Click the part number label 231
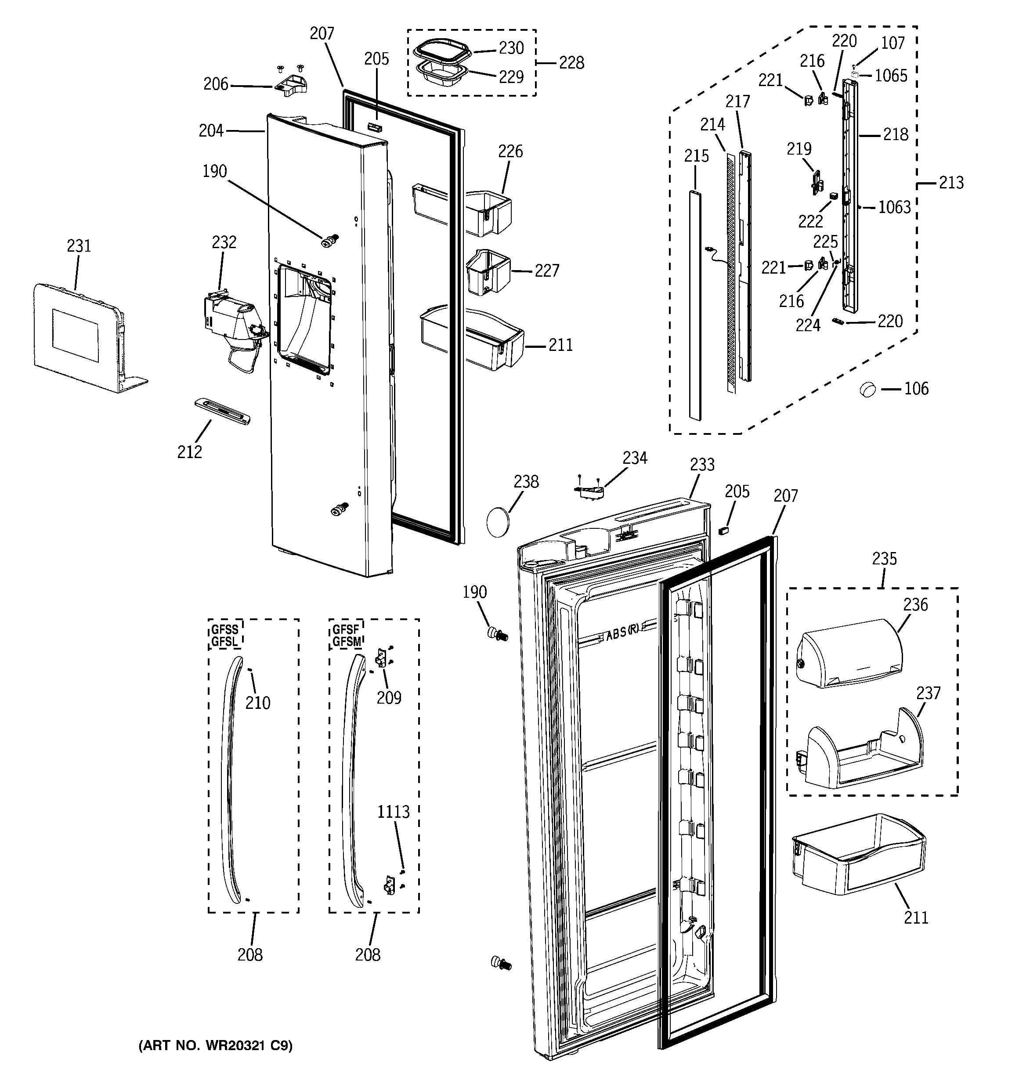[79, 246]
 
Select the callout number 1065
[891, 76]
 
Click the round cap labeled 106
[868, 389]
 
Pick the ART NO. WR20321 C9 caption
[215, 1046]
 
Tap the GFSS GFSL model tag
[225, 636]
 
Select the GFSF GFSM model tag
[346, 636]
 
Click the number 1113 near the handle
[393, 812]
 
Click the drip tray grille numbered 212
[223, 411]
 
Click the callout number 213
[951, 183]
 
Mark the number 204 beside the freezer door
[211, 131]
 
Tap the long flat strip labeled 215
[695, 306]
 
